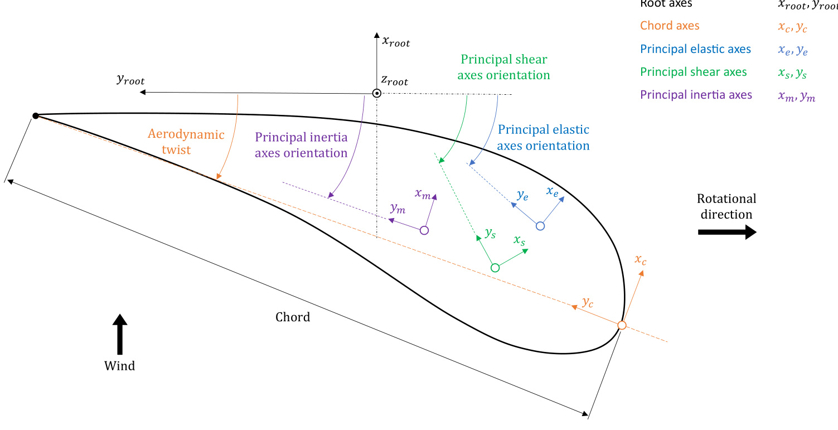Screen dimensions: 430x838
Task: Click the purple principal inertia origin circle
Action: [x=424, y=230]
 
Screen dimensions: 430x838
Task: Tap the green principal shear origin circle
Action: [x=495, y=268]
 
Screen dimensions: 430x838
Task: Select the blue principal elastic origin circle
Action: [x=540, y=226]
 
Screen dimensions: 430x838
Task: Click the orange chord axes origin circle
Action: [x=622, y=325]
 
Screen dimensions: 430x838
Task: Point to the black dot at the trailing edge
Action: [x=36, y=115]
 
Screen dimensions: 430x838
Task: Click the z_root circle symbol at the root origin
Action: [x=377, y=93]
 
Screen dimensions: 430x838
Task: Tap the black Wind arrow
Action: [x=119, y=334]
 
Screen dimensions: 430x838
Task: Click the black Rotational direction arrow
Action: [x=727, y=232]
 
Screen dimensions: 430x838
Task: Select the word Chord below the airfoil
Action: [x=293, y=317]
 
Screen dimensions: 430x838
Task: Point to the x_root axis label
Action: [x=395, y=41]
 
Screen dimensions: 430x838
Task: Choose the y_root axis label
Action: [x=130, y=79]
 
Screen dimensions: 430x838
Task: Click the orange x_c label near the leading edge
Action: [x=640, y=260]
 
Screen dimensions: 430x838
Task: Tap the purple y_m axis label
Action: [x=398, y=209]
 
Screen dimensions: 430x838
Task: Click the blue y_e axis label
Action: [x=522, y=195]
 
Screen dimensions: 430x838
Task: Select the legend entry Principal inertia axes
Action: [x=696, y=95]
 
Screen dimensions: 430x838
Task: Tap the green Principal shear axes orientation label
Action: [x=503, y=67]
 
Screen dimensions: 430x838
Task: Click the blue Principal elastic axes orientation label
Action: [x=543, y=138]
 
